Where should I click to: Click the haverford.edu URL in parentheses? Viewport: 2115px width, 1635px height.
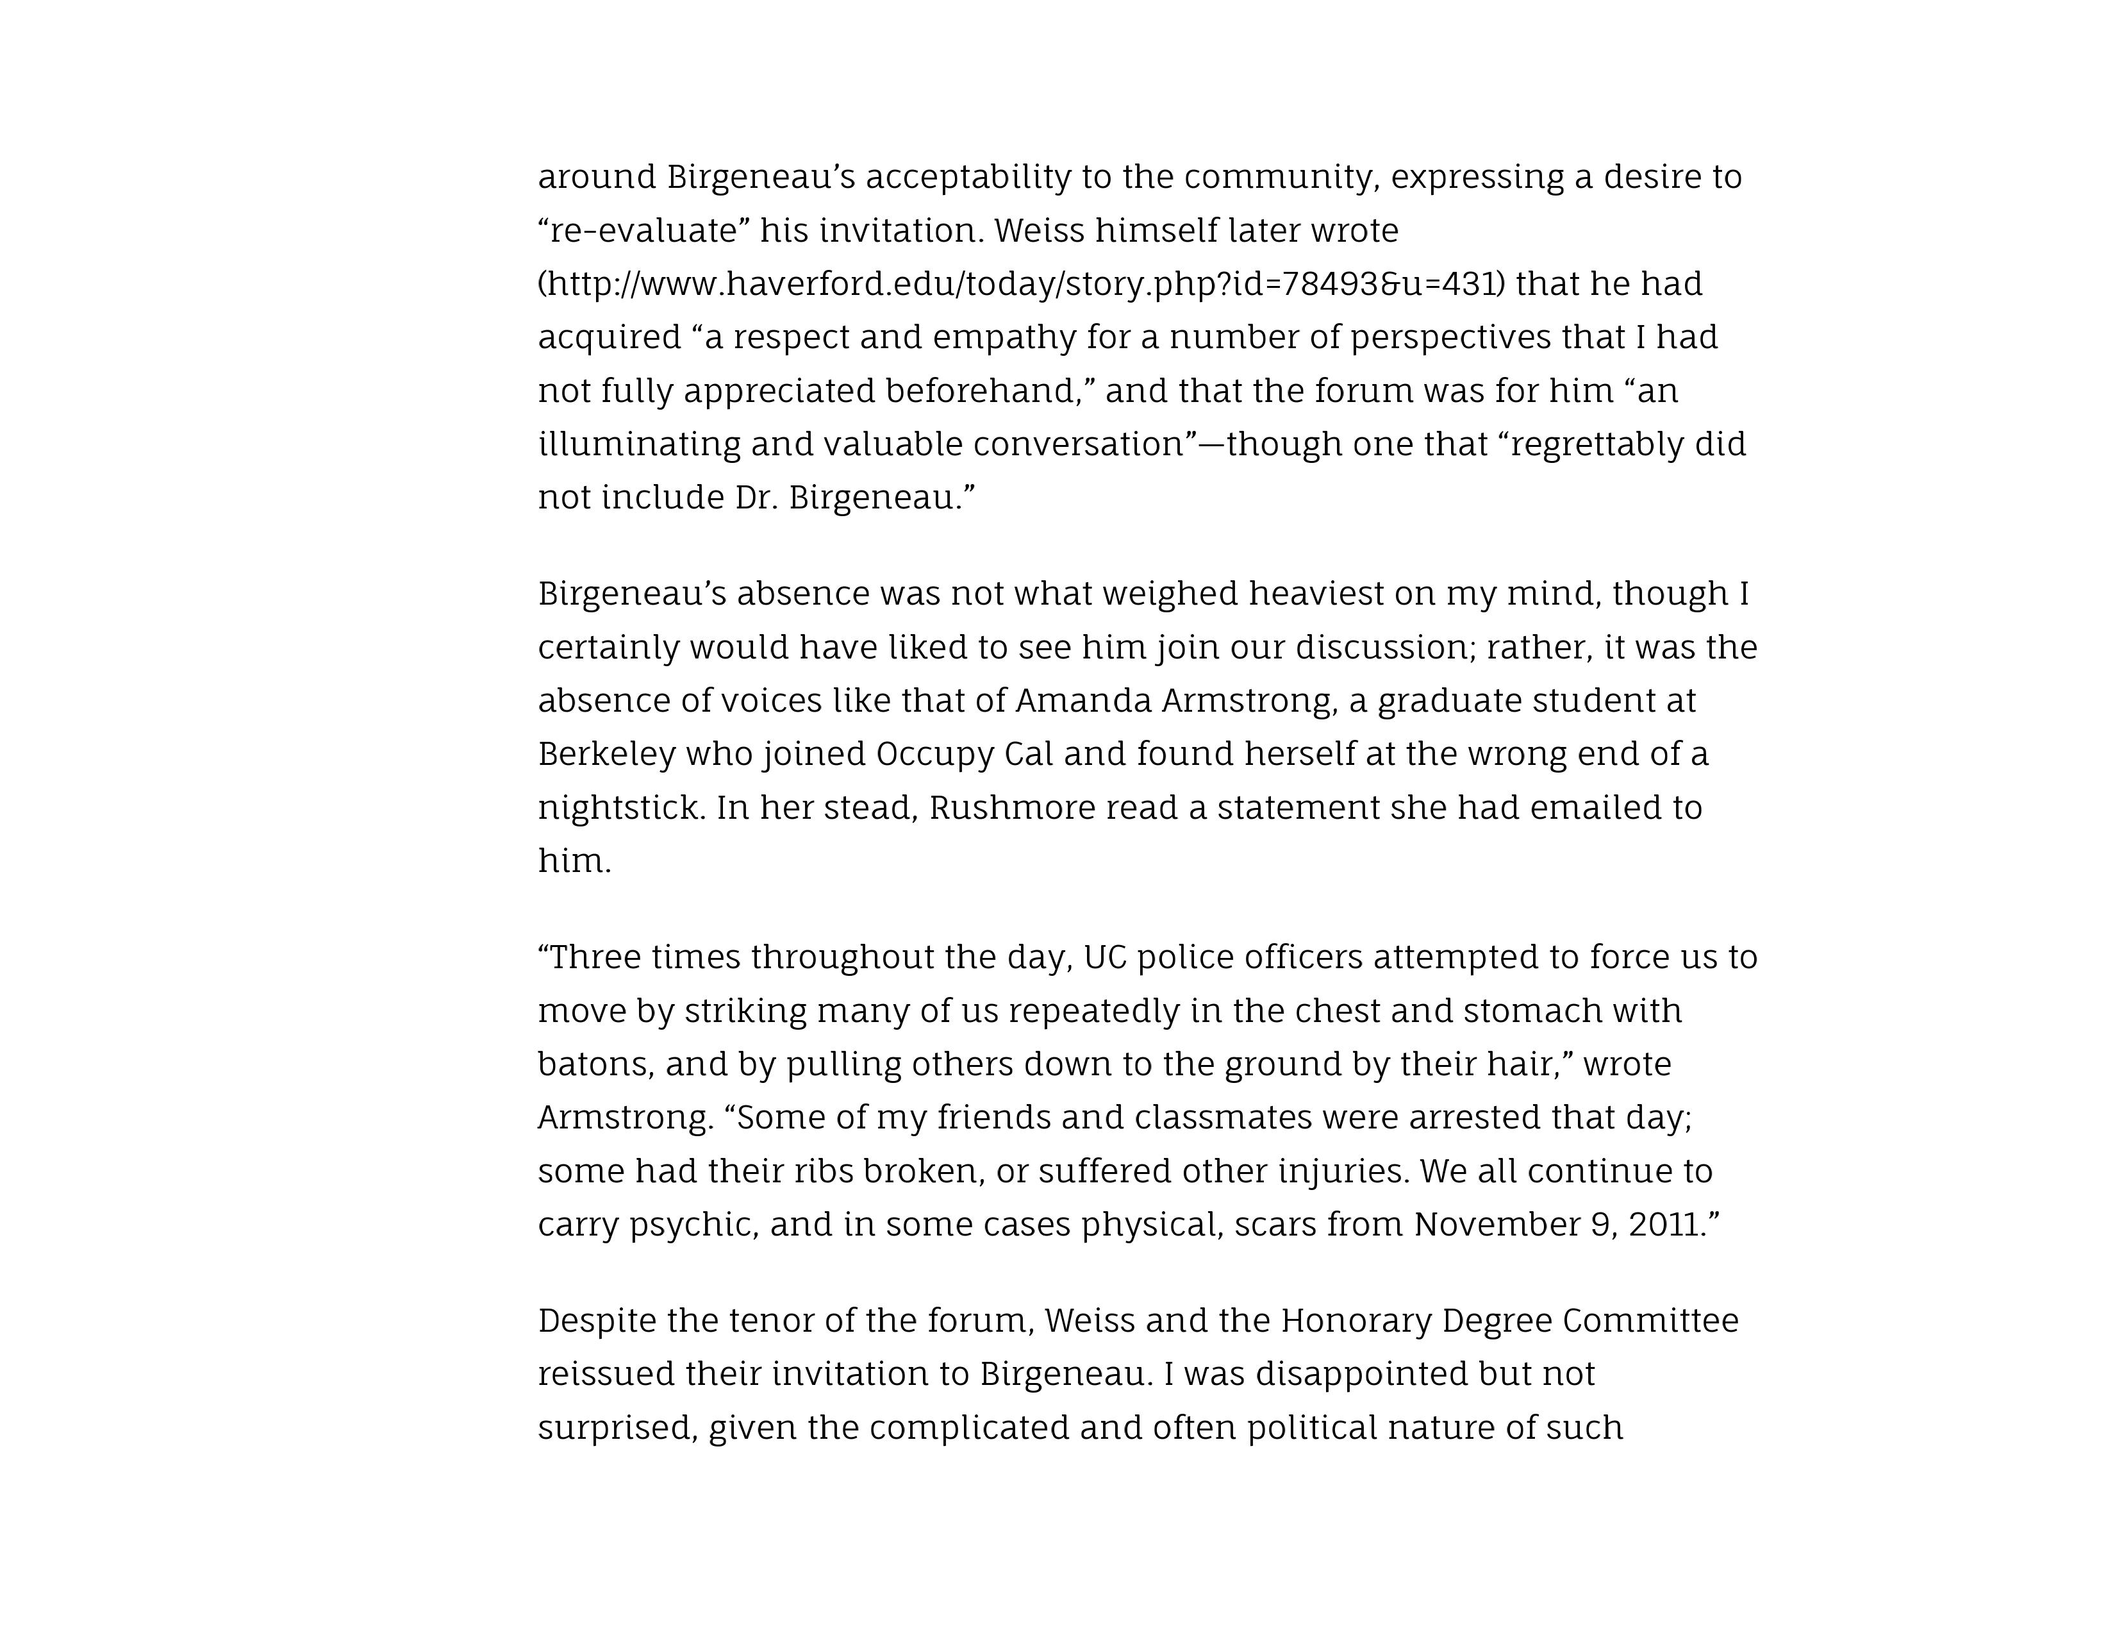[x=1022, y=284]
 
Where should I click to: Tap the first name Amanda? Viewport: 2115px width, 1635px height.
[x=1082, y=700]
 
